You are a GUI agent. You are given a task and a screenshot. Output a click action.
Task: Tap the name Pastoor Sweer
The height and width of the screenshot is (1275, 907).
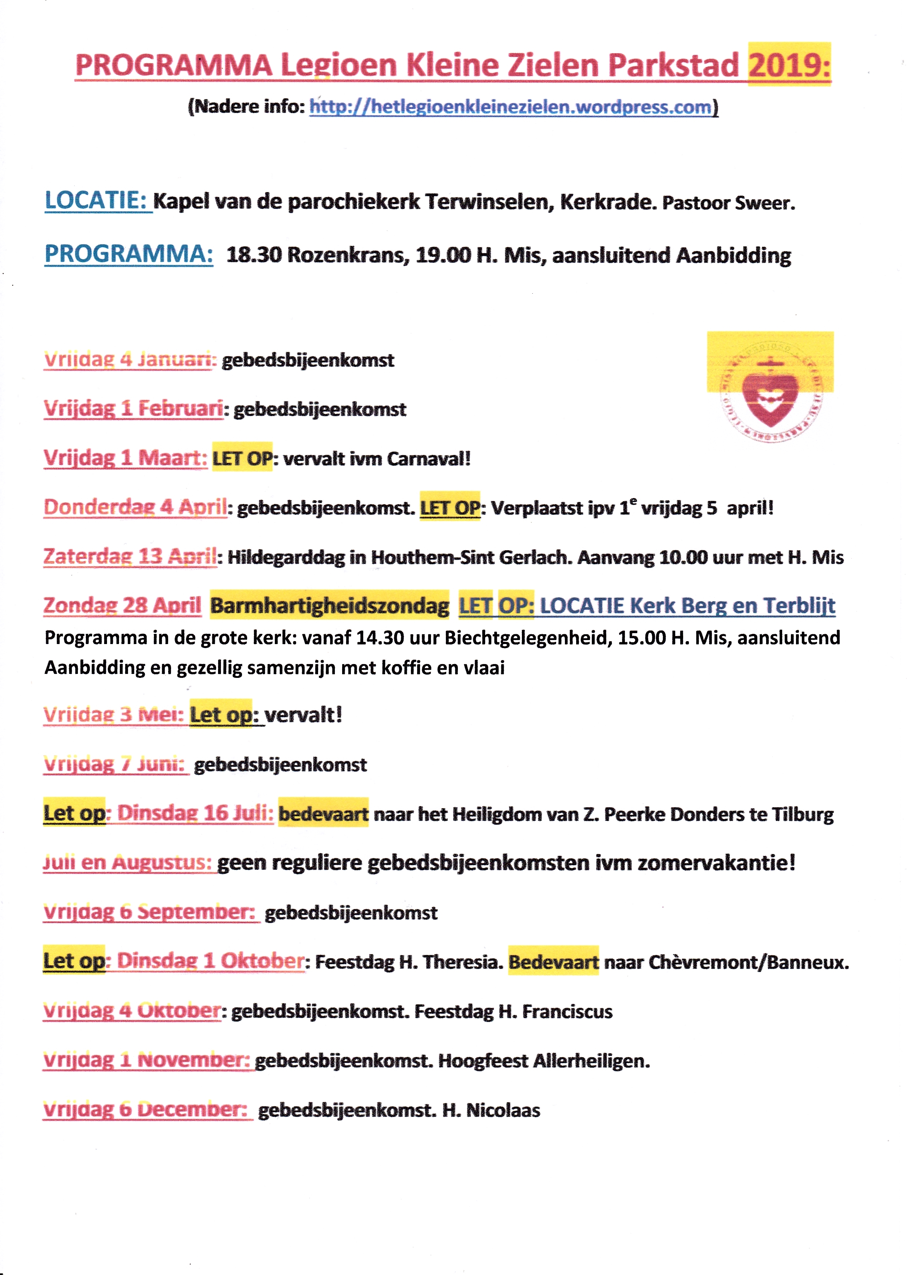point(728,203)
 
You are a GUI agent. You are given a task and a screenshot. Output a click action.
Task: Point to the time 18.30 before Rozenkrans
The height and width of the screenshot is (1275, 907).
point(254,255)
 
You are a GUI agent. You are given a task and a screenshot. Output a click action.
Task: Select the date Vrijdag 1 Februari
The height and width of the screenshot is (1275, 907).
point(133,409)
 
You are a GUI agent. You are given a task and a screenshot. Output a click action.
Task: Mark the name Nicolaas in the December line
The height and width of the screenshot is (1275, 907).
point(503,1110)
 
